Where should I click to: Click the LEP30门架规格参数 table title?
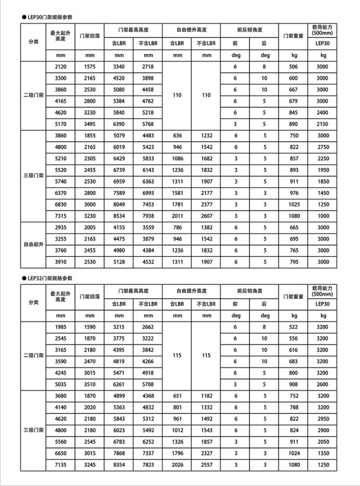click(x=49, y=17)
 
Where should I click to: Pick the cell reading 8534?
click(x=119, y=215)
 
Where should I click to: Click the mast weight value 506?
click(x=293, y=67)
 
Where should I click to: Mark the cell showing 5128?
click(x=119, y=262)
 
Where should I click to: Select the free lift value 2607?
click(x=206, y=215)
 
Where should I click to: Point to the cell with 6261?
click(x=119, y=384)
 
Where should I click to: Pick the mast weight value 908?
click(x=293, y=384)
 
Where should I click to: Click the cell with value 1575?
click(x=90, y=67)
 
